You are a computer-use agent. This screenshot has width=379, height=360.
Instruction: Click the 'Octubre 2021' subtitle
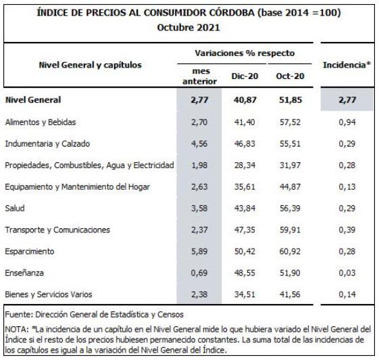(188, 28)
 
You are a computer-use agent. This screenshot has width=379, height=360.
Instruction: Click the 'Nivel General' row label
(33, 100)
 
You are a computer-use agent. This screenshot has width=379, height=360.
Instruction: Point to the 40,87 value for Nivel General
(245, 100)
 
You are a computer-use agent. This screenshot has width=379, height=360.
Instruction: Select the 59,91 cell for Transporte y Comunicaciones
(290, 230)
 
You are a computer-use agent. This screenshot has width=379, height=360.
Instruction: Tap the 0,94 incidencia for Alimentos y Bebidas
(347, 122)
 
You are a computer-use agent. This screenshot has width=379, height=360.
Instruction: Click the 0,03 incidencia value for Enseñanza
(347, 273)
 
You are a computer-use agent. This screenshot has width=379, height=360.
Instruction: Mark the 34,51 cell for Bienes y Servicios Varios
(245, 294)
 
